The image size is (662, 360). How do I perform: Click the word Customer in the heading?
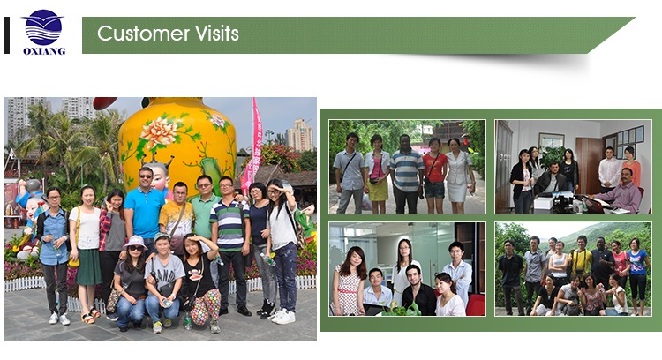click(143, 34)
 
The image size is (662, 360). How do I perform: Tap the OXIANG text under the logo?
click(44, 51)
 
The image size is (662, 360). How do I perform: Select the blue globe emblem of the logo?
click(43, 27)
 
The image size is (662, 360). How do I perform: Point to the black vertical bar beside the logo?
click(6, 35)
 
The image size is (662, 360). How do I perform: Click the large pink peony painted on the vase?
click(159, 132)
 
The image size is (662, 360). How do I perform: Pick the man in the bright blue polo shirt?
click(145, 206)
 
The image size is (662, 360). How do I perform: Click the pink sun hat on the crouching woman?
click(135, 243)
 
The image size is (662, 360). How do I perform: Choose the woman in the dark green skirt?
click(87, 253)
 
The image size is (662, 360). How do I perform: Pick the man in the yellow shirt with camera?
click(581, 261)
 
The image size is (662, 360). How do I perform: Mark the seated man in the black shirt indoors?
click(418, 291)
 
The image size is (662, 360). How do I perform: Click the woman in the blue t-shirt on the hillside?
click(637, 274)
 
